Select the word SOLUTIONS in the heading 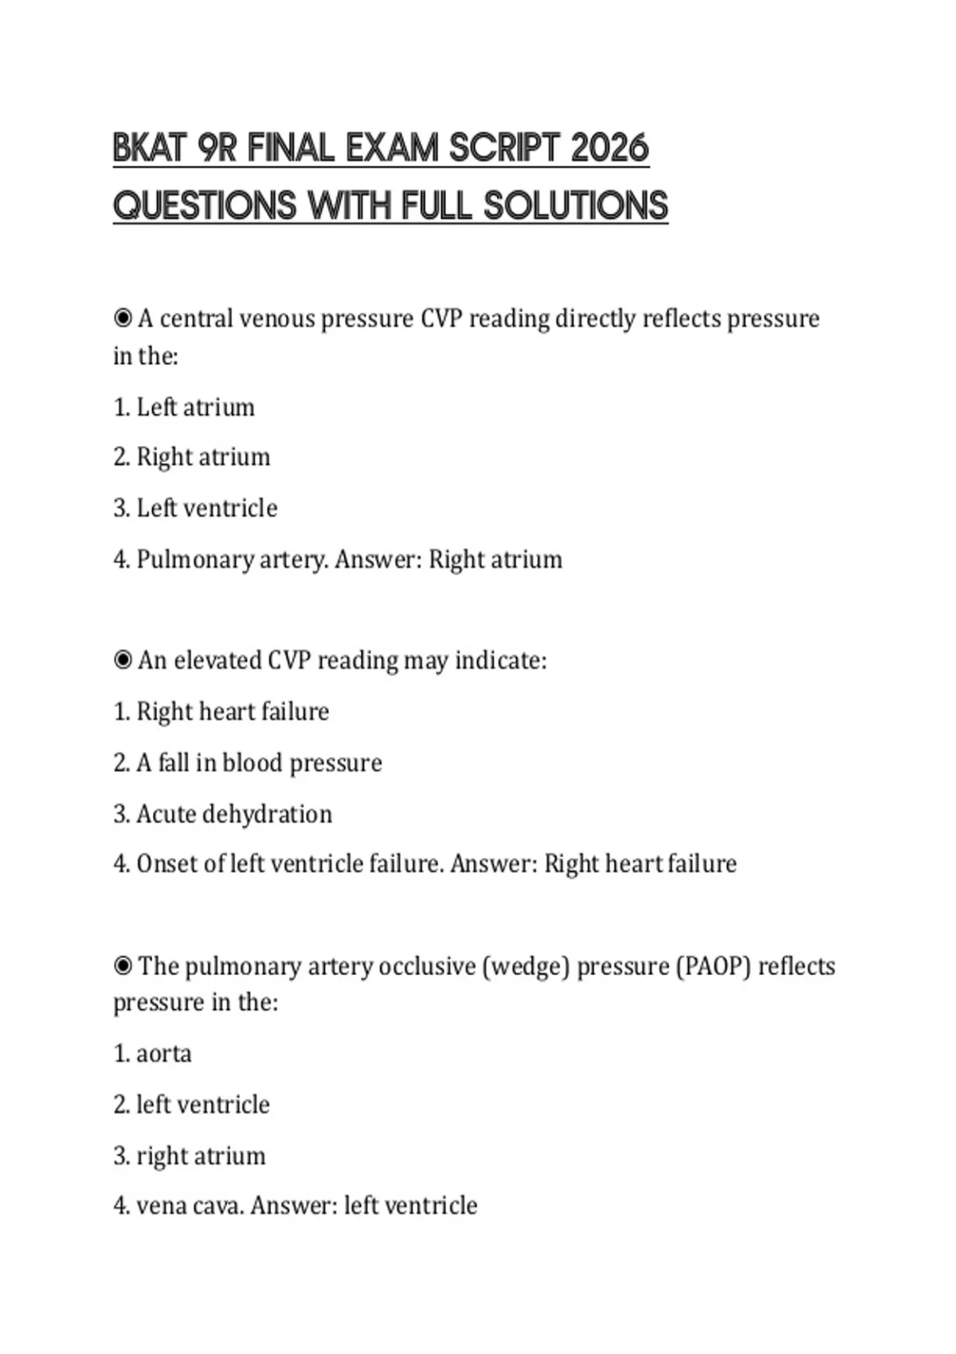[x=576, y=205]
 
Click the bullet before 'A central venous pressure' [x=123, y=319]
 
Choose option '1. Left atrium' [x=184, y=407]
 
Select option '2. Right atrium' [x=192, y=457]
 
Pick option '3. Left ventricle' [x=195, y=508]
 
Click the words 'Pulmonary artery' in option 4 [x=231, y=559]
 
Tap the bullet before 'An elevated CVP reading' [x=123, y=660]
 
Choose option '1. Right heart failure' [x=221, y=711]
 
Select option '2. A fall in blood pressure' [x=248, y=763]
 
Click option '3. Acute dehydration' [x=222, y=814]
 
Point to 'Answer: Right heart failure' [x=594, y=864]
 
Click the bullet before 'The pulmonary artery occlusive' [x=123, y=966]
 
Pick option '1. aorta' [x=152, y=1054]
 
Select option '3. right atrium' [x=189, y=1156]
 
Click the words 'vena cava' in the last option [x=188, y=1206]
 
